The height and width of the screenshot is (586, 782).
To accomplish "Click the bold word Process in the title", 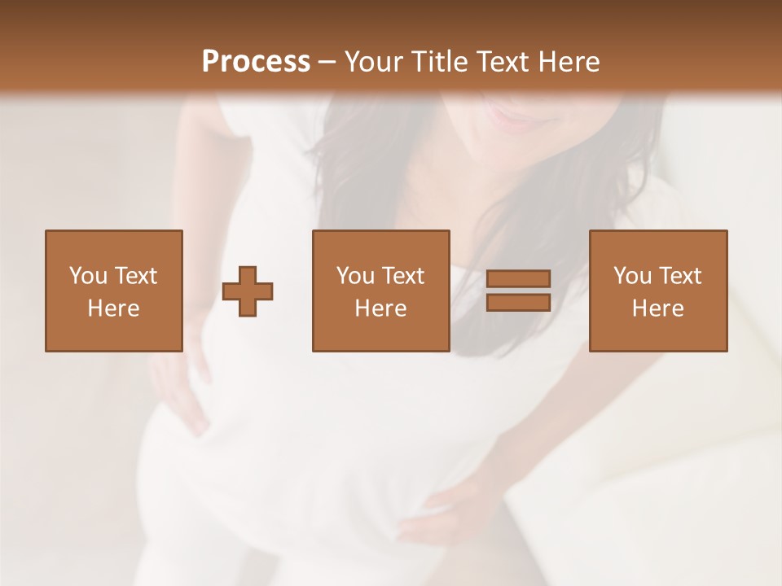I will pos(256,62).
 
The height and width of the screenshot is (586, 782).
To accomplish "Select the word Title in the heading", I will pos(441,62).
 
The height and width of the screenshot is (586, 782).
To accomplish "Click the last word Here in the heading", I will pos(570,62).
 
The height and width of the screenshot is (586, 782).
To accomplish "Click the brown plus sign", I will pos(248,291).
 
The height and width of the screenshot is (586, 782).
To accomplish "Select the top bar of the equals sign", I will pos(518,278).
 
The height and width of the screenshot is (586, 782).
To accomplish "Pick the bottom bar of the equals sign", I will pos(518,302).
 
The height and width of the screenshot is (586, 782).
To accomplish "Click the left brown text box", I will pos(113,291).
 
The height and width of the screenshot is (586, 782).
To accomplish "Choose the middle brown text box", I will pos(380,291).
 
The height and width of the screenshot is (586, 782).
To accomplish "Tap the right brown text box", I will pos(657,291).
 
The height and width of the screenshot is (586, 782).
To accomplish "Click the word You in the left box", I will pos(86,276).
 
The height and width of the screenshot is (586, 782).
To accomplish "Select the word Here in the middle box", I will pos(380,308).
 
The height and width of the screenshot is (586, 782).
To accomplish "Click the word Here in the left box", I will pos(113,308).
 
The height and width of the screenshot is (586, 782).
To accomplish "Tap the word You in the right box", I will pos(631,276).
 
